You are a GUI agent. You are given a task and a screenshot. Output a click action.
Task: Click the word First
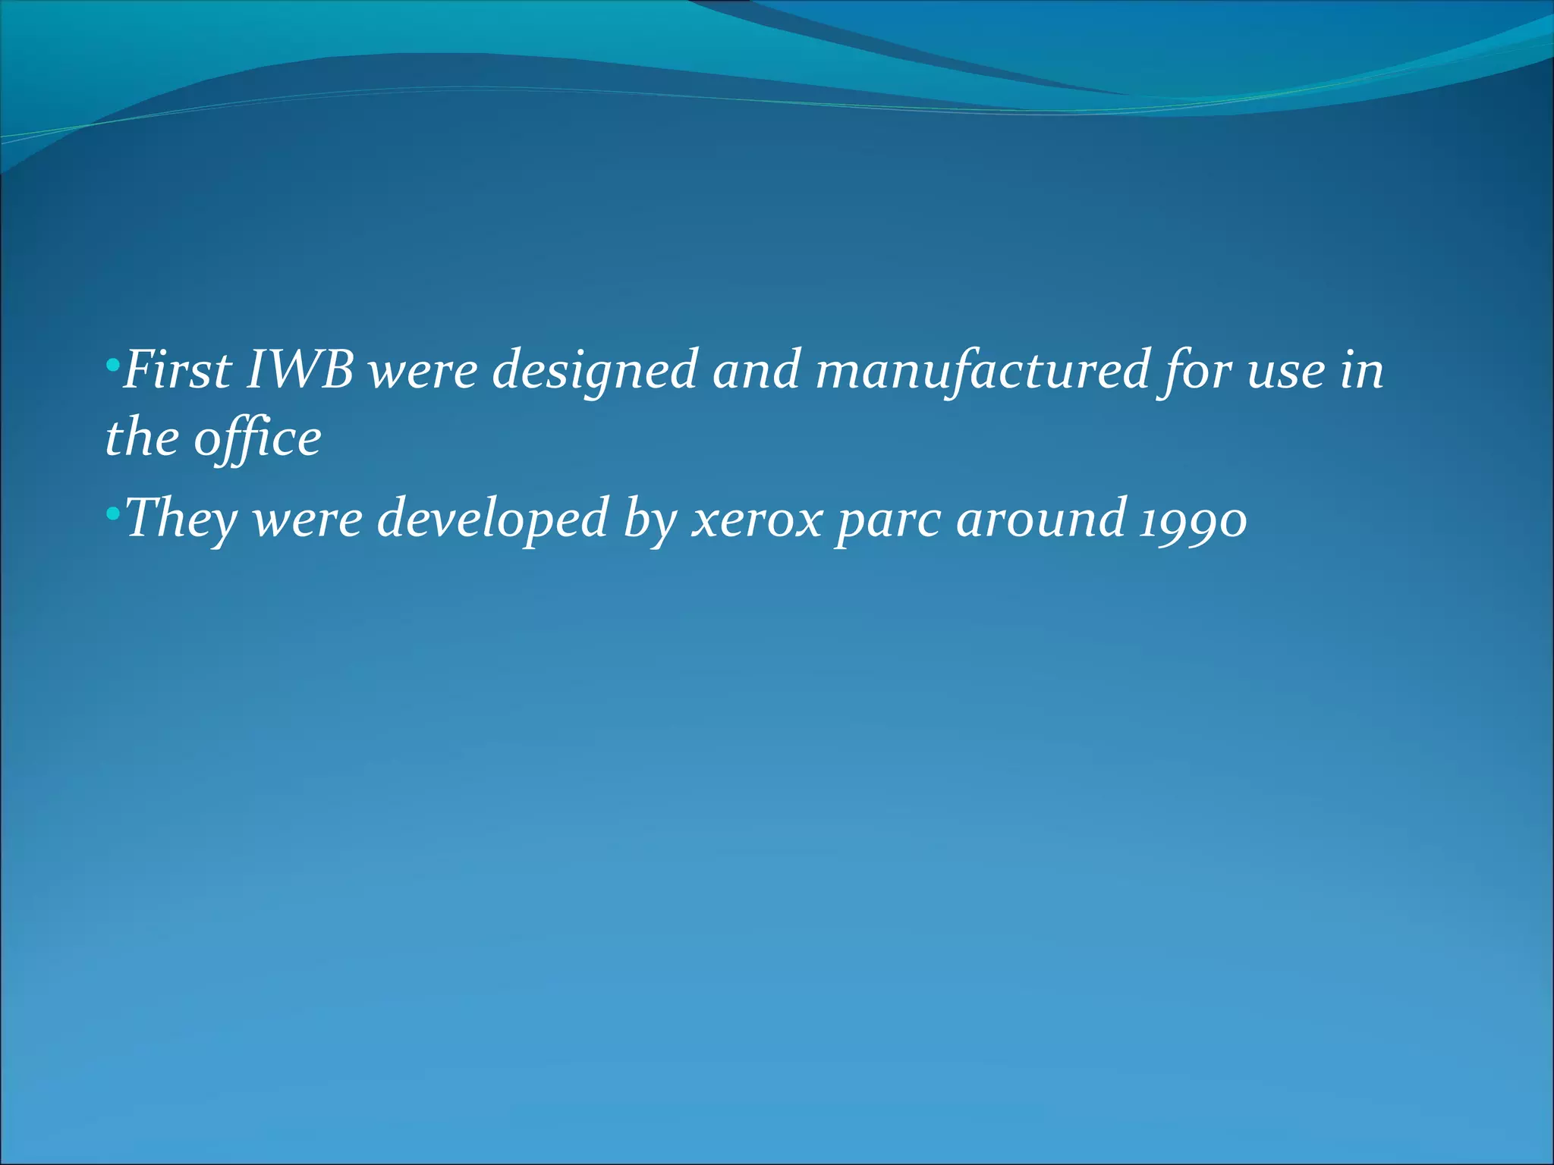[177, 369]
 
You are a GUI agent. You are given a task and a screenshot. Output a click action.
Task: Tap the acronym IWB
[300, 369]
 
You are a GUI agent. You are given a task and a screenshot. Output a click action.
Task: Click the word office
[257, 440]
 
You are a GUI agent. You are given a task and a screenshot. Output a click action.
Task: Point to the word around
[1040, 518]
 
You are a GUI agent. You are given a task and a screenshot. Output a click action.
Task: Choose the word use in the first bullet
[1286, 371]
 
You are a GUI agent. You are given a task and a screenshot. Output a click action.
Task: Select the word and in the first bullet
[757, 369]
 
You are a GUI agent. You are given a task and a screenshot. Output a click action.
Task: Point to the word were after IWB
[423, 371]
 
